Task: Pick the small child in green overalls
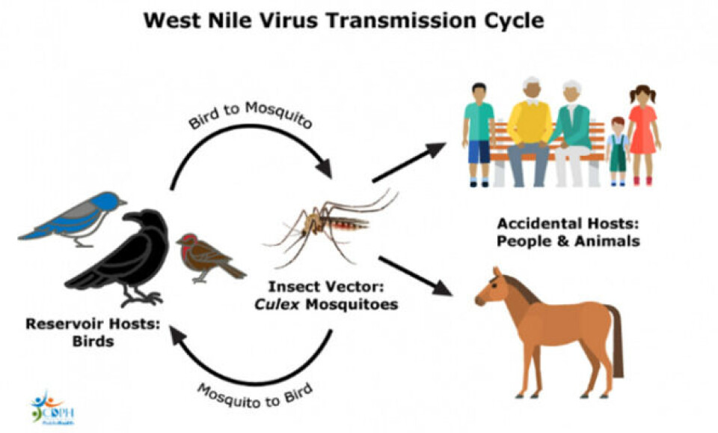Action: tap(616, 150)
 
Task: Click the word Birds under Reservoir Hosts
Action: tap(93, 342)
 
